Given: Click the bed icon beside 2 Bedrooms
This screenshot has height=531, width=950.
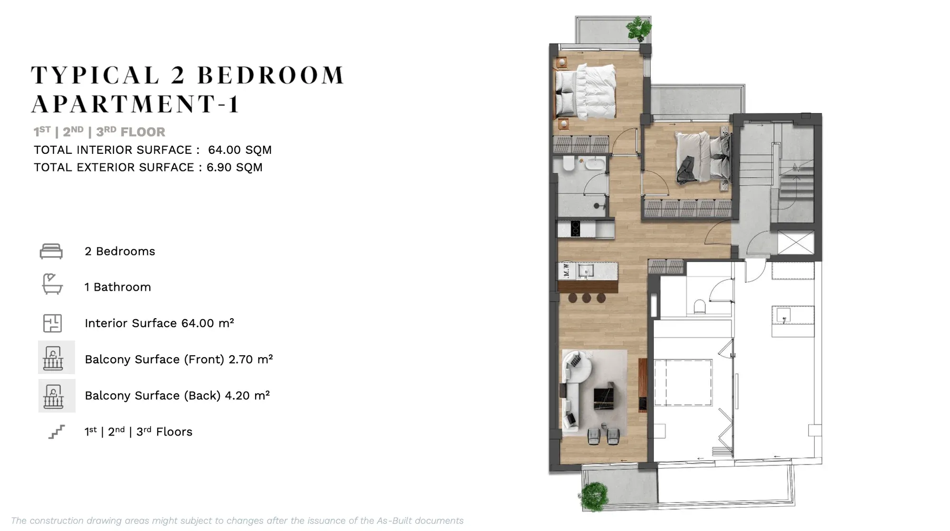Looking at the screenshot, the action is (x=51, y=251).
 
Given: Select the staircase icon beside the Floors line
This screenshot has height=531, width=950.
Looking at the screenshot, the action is (x=57, y=432).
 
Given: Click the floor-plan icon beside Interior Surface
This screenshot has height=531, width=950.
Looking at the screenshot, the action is (x=52, y=323).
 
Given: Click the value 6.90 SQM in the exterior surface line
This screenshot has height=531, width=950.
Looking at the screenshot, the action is (x=234, y=167).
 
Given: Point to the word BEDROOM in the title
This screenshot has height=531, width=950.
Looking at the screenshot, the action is (x=270, y=76).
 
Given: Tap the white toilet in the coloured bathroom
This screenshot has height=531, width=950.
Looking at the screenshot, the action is (x=569, y=163).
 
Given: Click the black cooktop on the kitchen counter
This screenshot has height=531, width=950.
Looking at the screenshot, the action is (x=575, y=228).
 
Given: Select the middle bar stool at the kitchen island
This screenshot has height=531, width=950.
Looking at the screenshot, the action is (x=587, y=298).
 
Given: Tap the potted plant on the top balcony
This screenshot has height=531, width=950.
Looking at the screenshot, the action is (x=639, y=29).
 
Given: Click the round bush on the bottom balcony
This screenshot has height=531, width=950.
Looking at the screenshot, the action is (x=593, y=496).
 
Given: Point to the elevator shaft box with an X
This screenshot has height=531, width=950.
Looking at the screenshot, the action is (x=796, y=243).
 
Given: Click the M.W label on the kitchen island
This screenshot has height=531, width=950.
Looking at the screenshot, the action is (x=566, y=271).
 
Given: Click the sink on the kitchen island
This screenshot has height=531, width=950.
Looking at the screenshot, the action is (x=586, y=271).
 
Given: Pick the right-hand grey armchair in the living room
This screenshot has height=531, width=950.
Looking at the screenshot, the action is (x=613, y=436).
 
